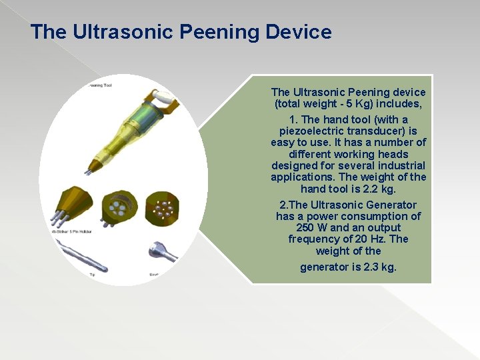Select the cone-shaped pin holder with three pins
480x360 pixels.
pos(72,205)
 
